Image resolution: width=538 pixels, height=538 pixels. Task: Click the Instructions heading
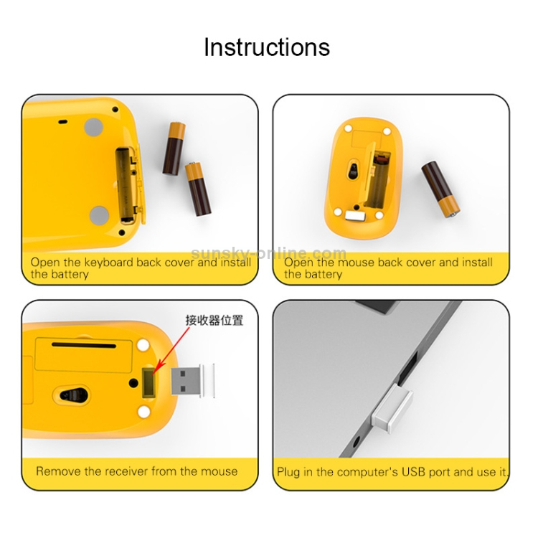click(x=267, y=47)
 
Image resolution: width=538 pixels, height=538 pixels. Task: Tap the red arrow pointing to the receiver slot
click(x=171, y=351)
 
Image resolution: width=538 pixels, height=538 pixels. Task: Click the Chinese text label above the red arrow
click(x=214, y=320)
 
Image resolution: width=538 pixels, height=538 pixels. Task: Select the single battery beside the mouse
click(x=440, y=189)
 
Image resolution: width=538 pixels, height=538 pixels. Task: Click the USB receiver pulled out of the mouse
click(x=192, y=381)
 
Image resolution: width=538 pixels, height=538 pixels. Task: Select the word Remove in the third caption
click(x=59, y=471)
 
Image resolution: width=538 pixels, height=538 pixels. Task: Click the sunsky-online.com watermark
click(x=268, y=253)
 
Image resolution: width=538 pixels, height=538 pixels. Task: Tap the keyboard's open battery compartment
click(x=126, y=184)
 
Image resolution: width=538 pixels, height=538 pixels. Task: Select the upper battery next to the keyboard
click(x=174, y=148)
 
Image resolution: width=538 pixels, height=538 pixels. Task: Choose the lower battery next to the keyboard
click(x=198, y=189)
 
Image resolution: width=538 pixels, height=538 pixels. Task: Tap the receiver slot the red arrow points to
click(x=148, y=382)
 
